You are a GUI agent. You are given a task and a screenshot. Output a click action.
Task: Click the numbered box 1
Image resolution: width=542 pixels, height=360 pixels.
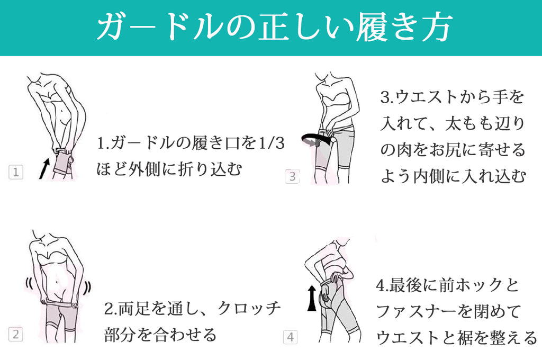[16, 172]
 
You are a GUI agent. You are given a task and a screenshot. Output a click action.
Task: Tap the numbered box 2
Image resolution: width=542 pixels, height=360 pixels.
[15, 335]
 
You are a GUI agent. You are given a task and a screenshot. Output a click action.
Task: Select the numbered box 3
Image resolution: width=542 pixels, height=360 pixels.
[292, 176]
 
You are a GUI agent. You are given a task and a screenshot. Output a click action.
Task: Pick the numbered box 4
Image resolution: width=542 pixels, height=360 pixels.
[291, 337]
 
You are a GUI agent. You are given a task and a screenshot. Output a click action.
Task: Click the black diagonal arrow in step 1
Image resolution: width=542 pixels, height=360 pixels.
[44, 169]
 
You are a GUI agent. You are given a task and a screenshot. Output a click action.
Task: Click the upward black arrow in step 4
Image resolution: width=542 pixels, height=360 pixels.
[312, 298]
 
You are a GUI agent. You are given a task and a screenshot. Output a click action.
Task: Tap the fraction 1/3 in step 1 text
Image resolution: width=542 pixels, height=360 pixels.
[272, 143]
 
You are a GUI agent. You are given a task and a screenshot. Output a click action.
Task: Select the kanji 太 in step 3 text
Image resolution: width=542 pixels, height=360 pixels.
[453, 124]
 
